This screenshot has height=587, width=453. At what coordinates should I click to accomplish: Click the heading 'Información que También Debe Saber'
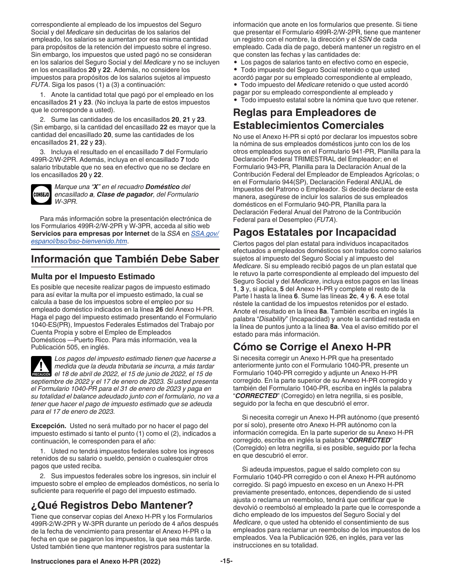click(124, 259)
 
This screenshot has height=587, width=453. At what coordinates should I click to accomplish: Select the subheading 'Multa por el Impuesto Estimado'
click(93, 276)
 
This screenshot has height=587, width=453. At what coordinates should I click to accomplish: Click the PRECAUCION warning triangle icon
click(41, 367)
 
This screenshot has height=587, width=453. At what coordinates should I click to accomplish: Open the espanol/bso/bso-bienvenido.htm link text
click(79, 241)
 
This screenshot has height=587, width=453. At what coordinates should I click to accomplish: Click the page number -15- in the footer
click(226, 562)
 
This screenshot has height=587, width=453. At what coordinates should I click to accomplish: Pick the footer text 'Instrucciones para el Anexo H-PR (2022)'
click(96, 562)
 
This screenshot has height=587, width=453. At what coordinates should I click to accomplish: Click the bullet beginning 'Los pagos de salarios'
click(324, 62)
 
